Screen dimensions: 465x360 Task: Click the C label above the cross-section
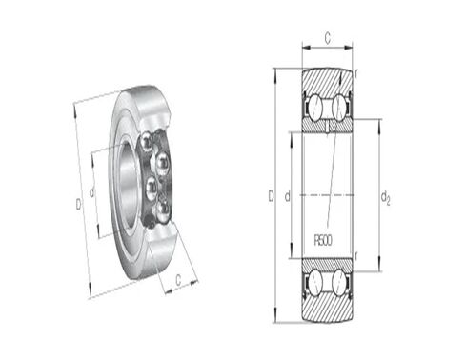(x=327, y=38)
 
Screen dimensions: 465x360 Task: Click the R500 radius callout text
(x=323, y=240)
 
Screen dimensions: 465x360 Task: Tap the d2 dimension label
(x=385, y=198)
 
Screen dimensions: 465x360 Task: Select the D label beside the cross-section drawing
(x=271, y=196)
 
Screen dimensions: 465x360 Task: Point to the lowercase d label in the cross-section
(x=287, y=197)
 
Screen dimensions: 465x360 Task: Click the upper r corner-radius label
(x=356, y=73)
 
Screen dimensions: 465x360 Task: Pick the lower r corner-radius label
(x=356, y=256)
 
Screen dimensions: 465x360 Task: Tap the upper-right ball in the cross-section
(x=338, y=108)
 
